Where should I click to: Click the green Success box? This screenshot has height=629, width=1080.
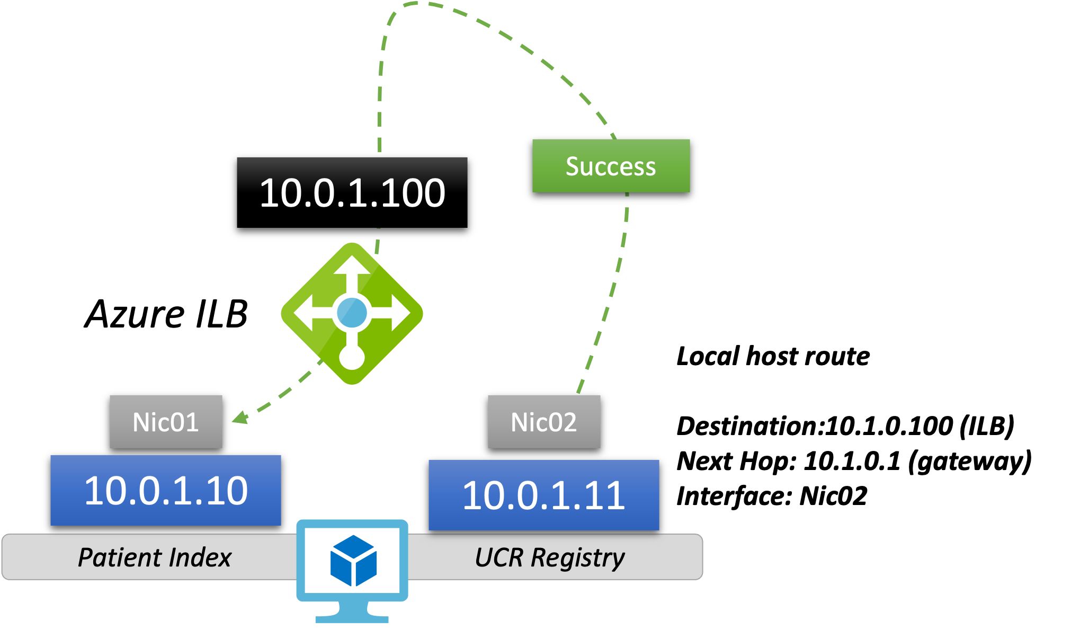[611, 166]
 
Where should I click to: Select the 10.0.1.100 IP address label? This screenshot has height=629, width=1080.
[352, 193]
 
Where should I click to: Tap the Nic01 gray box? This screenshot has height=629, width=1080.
[166, 422]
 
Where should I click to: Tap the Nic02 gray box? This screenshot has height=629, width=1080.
[544, 422]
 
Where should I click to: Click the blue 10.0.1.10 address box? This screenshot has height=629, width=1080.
[166, 491]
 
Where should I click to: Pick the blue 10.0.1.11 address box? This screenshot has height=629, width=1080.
[544, 495]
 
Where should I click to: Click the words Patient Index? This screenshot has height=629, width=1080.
[155, 557]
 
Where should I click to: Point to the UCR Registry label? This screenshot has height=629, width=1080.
[550, 557]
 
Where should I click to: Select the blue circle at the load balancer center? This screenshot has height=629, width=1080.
[352, 313]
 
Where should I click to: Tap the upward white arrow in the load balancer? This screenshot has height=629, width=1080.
[352, 268]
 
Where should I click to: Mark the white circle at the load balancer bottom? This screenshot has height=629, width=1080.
[352, 357]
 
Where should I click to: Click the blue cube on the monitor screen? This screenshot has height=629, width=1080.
[353, 561]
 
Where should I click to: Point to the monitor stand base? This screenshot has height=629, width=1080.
[352, 618]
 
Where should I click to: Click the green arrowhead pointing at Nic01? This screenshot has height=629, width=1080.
[240, 418]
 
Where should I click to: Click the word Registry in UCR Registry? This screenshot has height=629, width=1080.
[578, 557]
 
